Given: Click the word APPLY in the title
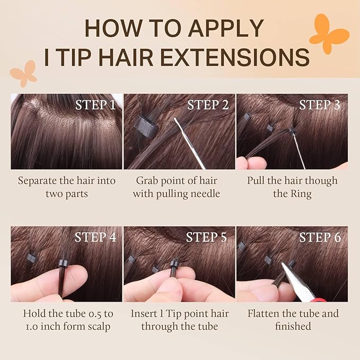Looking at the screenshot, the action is pos(226,28).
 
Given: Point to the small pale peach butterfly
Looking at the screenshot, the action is pos(24,74).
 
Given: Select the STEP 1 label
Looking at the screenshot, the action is pos(95,104).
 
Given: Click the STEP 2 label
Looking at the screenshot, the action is pos(208,104).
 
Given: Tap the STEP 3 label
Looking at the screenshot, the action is pos(319,104).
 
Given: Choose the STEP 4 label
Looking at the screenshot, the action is pos(95,237).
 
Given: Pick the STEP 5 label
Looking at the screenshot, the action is pos(206,237).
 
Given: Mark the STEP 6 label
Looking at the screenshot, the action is pos(320,237).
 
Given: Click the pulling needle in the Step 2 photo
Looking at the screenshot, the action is pos(189,143).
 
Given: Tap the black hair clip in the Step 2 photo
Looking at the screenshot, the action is pos(146,127).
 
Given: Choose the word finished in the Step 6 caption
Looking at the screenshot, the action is pos(293,326).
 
